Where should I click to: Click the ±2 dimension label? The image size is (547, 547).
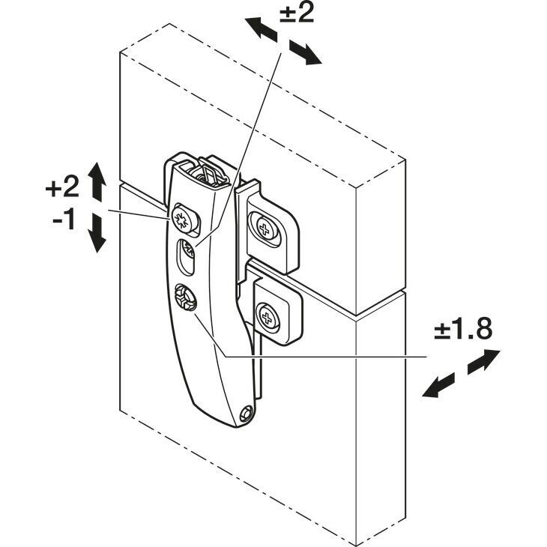coord(297,13)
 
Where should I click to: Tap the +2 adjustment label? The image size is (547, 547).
coord(62,187)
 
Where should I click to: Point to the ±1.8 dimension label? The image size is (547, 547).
coord(463,328)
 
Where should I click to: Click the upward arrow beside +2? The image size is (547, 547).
coord(97,181)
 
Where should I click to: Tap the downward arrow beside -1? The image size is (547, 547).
coord(97,233)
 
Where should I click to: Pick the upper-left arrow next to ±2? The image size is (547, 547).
coord(261,29)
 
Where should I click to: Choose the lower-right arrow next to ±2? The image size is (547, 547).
coord(305,52)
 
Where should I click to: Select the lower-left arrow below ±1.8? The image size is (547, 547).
coord(438,385)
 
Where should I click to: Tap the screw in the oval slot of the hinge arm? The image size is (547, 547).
coord(187,249)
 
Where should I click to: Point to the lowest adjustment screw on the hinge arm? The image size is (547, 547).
coord(184,297)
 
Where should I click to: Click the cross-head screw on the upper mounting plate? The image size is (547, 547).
coord(265,229)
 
